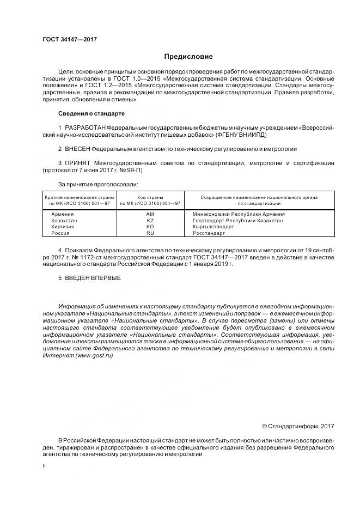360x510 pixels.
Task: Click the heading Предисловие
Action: (188, 57)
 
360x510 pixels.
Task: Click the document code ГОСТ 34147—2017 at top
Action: (70, 40)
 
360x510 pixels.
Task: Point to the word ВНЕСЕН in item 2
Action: (77, 148)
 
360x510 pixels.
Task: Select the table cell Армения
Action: (63, 214)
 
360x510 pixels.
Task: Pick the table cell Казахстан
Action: (64, 221)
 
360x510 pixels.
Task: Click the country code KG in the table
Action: (150, 227)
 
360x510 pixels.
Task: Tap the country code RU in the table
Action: (150, 233)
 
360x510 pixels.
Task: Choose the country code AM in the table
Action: (150, 214)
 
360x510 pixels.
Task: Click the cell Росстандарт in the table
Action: (209, 233)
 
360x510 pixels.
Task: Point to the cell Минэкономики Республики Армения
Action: (239, 214)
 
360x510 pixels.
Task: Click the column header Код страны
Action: (150, 197)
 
